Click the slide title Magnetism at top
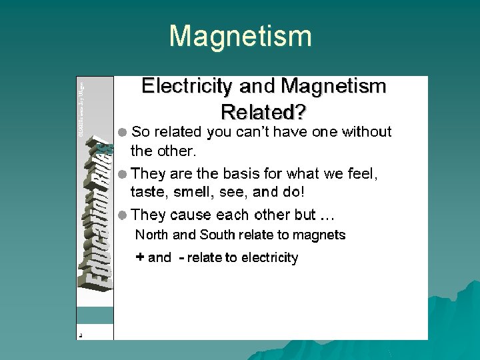click(x=240, y=36)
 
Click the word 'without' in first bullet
click(x=367, y=132)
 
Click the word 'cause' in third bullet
click(x=190, y=215)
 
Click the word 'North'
click(x=152, y=235)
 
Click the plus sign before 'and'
click(x=140, y=257)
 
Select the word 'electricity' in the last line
click(x=269, y=258)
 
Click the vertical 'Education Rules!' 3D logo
click(x=96, y=213)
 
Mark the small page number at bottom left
click(x=80, y=335)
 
